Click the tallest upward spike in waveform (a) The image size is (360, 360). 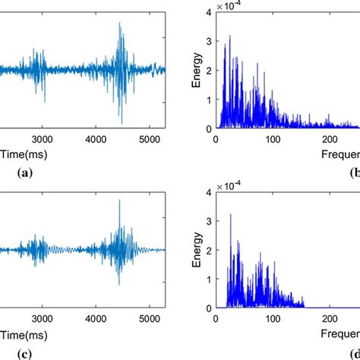pyautogui.click(x=120, y=24)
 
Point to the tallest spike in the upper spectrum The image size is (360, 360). pyautogui.click(x=229, y=36)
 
